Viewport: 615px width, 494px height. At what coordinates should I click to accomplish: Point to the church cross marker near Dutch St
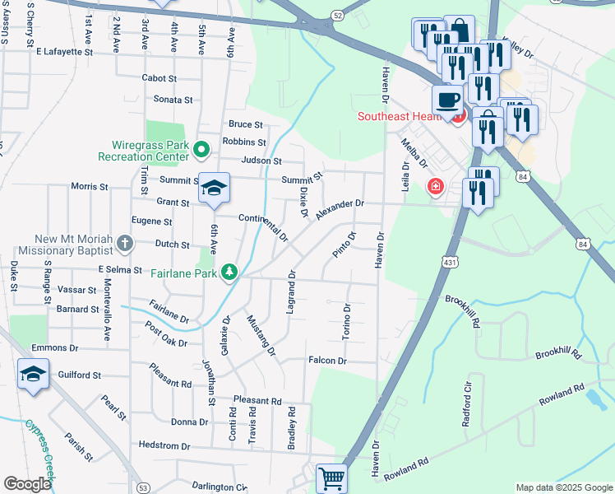[x=124, y=243]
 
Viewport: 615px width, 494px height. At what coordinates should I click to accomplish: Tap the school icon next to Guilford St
[x=34, y=374]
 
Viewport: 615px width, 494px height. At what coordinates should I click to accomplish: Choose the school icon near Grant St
[x=214, y=190]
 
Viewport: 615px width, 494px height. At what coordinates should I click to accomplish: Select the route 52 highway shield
[x=337, y=16]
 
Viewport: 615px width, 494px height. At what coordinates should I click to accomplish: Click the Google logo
[x=27, y=484]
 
